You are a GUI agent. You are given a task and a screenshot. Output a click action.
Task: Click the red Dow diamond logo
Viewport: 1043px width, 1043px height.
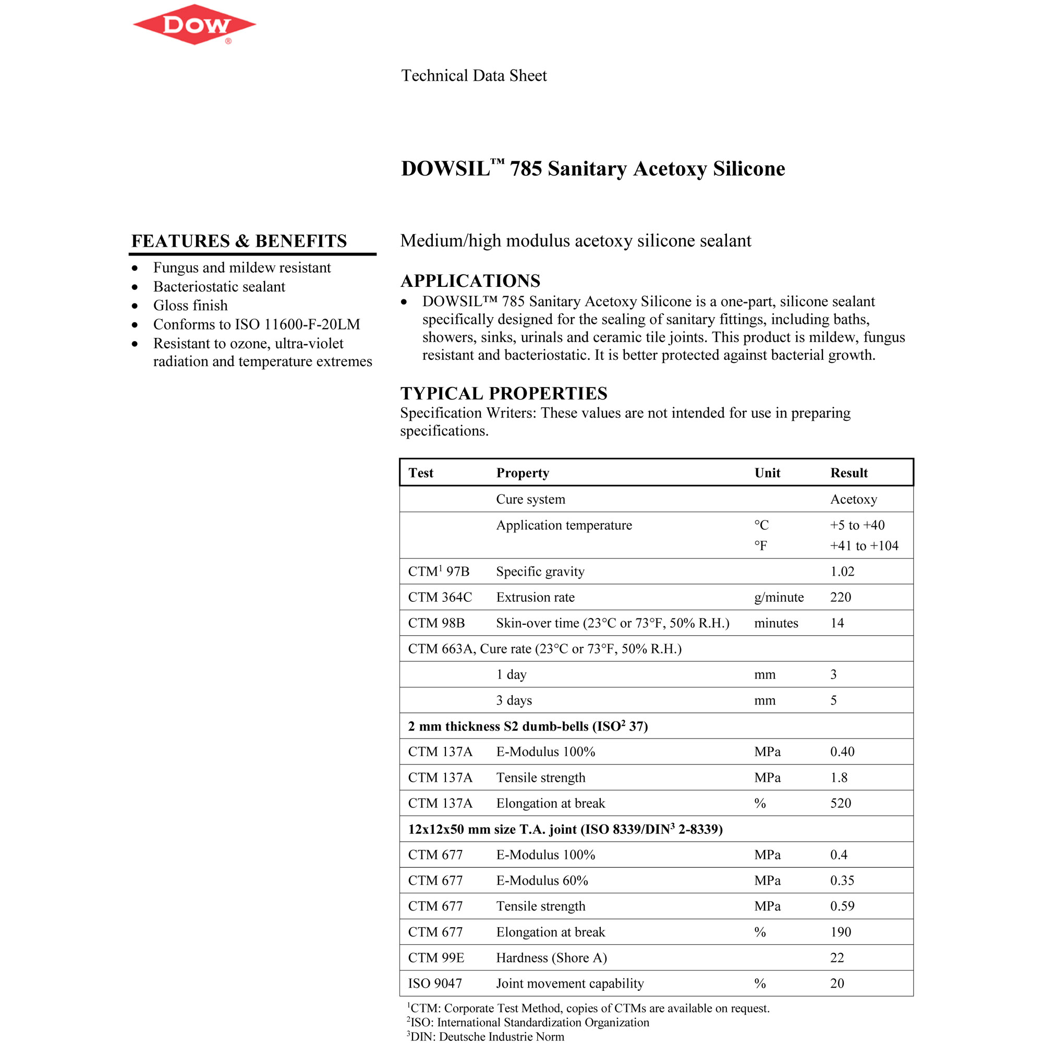[194, 25]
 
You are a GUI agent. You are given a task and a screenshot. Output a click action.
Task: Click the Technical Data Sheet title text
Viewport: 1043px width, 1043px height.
[474, 76]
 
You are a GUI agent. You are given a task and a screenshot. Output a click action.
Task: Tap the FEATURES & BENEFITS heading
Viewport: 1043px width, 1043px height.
[239, 241]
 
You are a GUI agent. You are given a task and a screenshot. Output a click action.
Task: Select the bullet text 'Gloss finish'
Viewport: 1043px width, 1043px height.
[190, 306]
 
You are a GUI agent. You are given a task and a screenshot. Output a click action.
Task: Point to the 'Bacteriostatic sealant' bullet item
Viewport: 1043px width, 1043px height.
[219, 287]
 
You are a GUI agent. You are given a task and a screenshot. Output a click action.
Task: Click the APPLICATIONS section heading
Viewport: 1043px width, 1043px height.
[470, 281]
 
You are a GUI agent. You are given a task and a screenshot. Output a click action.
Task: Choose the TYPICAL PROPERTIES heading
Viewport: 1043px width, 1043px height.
[504, 393]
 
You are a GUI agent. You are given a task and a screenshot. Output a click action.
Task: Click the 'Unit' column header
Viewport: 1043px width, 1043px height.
[767, 473]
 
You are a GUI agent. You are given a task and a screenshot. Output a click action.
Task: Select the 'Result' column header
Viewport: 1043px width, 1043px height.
[848, 473]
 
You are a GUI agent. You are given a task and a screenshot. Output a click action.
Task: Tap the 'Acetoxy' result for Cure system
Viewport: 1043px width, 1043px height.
[854, 500]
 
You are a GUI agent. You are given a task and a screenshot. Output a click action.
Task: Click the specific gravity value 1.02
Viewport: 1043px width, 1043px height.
[842, 571]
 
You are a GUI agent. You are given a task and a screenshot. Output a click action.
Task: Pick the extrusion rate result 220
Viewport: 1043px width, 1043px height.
[841, 597]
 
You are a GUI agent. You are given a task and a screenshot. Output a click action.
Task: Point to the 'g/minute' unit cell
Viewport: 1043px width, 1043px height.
[779, 597]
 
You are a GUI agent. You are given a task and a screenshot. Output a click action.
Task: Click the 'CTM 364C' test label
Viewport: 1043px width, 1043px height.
[440, 597]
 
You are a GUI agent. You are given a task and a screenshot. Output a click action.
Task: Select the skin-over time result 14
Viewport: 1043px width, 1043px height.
[837, 623]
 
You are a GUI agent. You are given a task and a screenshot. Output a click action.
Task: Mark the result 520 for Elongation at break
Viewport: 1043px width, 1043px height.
[841, 803]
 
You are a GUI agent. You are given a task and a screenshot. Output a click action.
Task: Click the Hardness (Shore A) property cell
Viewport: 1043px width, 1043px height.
[551, 957]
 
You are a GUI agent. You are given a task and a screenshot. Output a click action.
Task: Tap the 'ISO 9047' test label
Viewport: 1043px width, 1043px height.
[435, 984]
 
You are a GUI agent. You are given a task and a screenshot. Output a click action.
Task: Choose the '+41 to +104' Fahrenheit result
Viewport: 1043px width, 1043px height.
[864, 546]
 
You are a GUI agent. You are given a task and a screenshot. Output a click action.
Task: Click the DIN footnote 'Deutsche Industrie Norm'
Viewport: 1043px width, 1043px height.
[486, 1037]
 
